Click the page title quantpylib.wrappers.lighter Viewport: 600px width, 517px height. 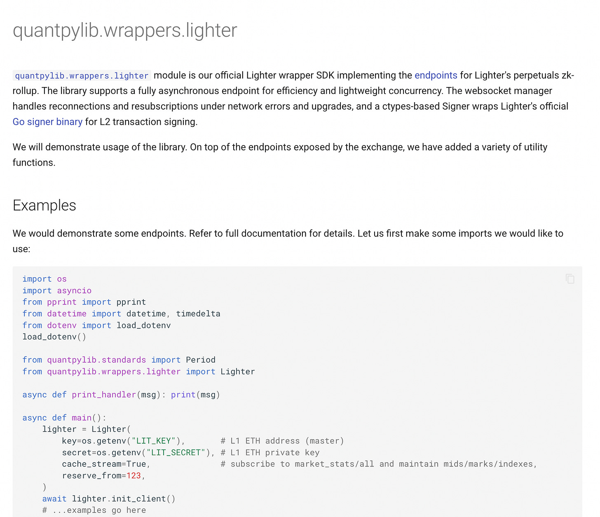tap(125, 30)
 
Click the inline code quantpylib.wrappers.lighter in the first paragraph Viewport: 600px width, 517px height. tap(82, 76)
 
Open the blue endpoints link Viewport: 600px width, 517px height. tap(436, 75)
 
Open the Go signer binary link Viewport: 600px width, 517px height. tap(47, 122)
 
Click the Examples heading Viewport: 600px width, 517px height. tap(45, 205)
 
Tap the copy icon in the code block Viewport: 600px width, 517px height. tap(570, 279)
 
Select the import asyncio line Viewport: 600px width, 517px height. tap(57, 290)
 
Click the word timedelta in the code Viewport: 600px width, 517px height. tap(198, 313)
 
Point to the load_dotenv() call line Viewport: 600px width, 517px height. tap(54, 337)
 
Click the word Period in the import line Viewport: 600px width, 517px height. tap(200, 360)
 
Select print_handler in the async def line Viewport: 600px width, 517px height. tap(104, 395)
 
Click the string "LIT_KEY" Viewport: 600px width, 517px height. tap(154, 441)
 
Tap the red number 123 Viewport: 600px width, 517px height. tap(134, 475)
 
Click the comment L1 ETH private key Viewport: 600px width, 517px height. tap(270, 452)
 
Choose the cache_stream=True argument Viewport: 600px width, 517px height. tap(104, 464)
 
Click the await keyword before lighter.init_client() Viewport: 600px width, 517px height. tap(54, 498)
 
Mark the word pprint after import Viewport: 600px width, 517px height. tap(131, 302)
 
